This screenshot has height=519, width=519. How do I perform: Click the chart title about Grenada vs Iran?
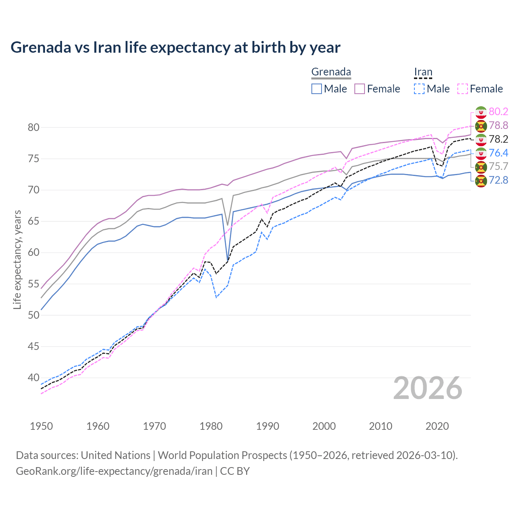click(x=175, y=47)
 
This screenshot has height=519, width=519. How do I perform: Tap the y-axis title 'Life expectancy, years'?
click(x=17, y=259)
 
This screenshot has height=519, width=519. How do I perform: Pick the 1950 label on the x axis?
click(x=41, y=426)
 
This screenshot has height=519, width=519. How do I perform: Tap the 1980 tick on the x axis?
click(x=211, y=426)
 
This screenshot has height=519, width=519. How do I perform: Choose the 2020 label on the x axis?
click(x=437, y=426)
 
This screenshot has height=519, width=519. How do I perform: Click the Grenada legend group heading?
click(x=331, y=72)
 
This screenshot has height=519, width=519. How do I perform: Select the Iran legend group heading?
click(x=423, y=72)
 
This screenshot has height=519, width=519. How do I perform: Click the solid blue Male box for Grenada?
click(x=317, y=89)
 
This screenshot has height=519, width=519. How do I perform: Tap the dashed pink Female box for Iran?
click(x=463, y=89)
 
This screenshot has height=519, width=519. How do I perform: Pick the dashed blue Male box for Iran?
click(x=419, y=89)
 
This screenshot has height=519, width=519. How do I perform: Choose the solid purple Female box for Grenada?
click(x=360, y=89)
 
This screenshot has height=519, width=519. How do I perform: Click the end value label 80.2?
click(x=498, y=112)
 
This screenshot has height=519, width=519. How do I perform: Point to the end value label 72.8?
click(x=498, y=180)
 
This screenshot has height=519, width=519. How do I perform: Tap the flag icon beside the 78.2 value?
click(x=481, y=139)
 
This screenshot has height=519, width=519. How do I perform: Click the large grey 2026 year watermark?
click(x=427, y=388)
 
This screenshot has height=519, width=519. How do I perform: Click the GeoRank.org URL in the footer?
click(x=114, y=471)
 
